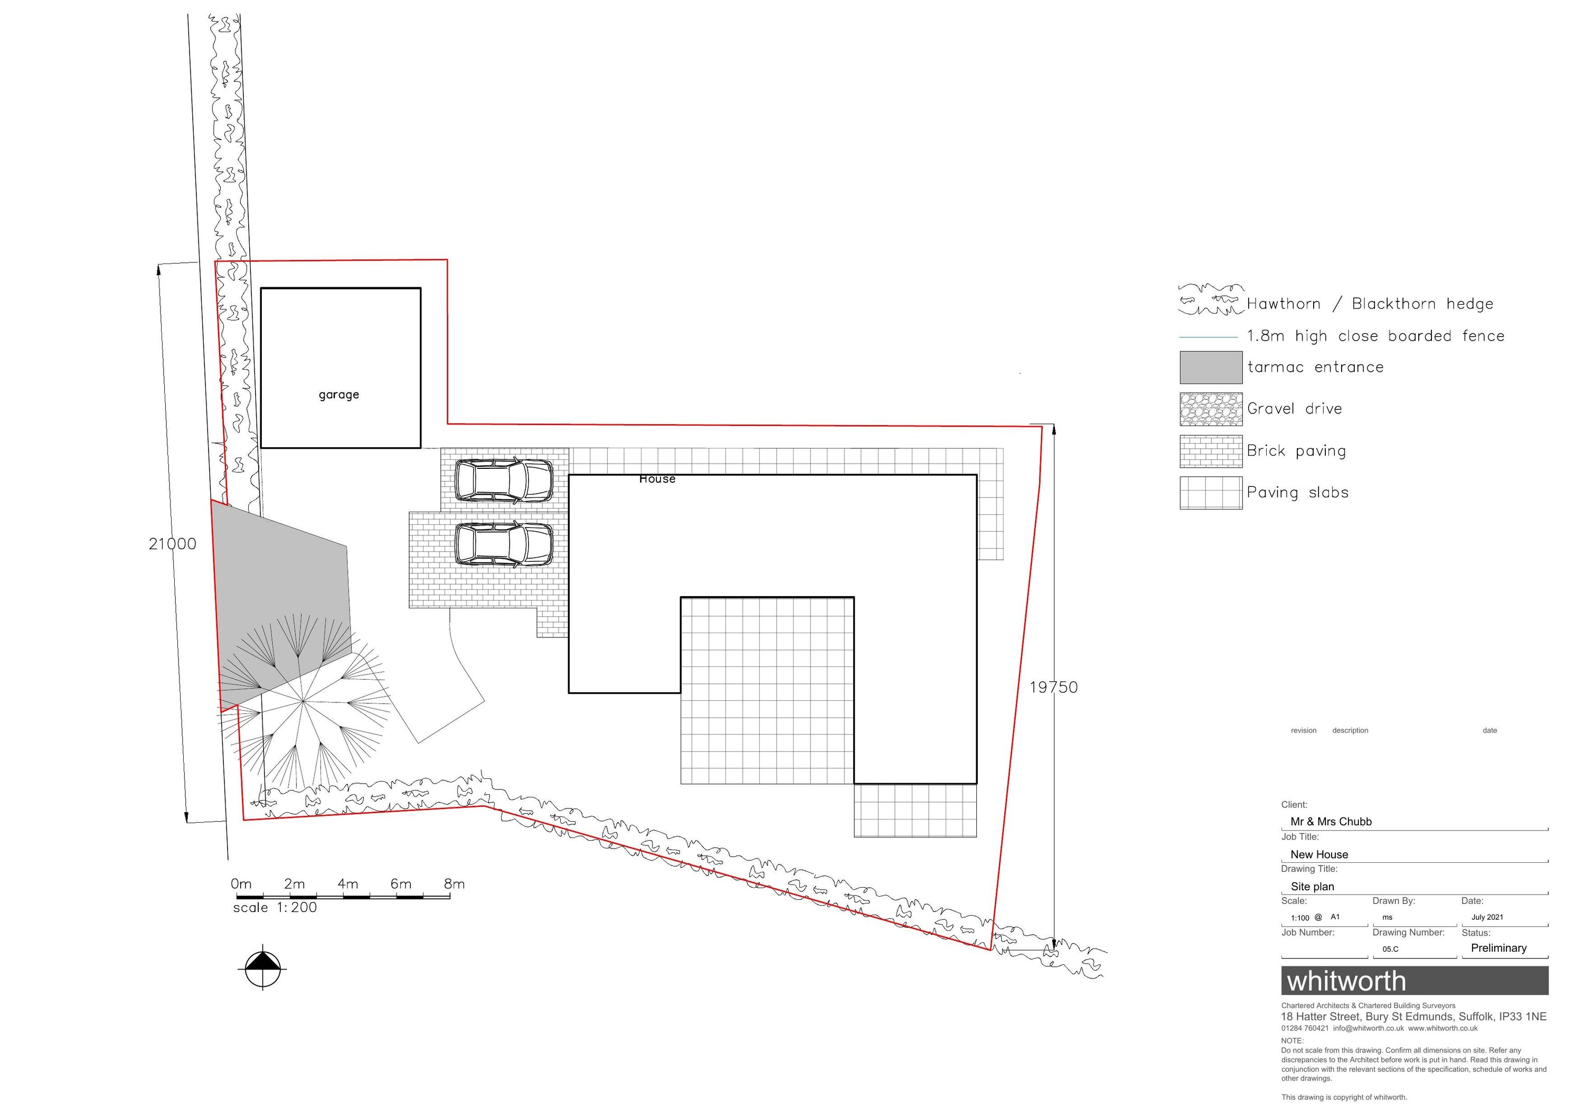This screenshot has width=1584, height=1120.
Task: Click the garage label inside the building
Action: click(x=339, y=395)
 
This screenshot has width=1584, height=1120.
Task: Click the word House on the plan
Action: click(x=657, y=479)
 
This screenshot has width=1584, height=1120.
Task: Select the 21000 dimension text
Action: click(x=173, y=544)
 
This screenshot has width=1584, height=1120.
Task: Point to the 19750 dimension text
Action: click(x=1053, y=688)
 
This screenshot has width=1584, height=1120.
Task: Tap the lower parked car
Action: click(x=504, y=544)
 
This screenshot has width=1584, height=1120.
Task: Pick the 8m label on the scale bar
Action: click(x=454, y=884)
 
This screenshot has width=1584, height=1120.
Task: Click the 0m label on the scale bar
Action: click(x=241, y=884)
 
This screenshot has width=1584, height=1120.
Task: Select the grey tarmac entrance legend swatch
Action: click(x=1211, y=367)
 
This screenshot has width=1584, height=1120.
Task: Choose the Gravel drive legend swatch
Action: click(x=1211, y=409)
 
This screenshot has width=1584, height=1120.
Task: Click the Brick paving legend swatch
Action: click(x=1211, y=451)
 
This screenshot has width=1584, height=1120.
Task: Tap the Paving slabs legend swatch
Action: click(x=1211, y=493)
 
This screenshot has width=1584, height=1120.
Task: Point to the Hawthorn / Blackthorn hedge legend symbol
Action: click(x=1211, y=300)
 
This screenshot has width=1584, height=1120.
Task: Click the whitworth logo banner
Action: click(x=1415, y=981)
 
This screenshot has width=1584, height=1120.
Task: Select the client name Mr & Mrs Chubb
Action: click(x=1331, y=822)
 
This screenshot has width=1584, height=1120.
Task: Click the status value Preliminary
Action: click(x=1498, y=948)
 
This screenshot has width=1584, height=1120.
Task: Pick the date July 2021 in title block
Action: click(x=1487, y=917)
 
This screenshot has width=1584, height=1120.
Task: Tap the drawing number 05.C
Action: click(x=1390, y=949)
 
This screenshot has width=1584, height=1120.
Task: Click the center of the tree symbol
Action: click(x=303, y=702)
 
